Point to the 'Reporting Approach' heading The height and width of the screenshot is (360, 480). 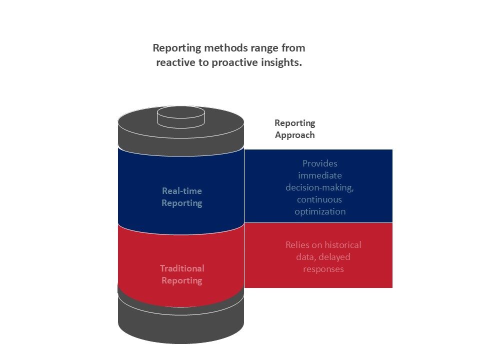click(x=295, y=128)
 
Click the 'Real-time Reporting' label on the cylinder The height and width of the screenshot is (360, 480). click(x=181, y=197)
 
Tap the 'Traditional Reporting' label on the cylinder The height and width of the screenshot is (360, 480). click(x=181, y=274)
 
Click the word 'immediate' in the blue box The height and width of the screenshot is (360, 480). click(x=320, y=175)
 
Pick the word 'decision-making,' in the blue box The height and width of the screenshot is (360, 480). click(x=320, y=187)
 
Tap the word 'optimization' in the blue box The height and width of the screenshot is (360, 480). click(x=320, y=211)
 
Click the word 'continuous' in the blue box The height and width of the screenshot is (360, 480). click(x=320, y=199)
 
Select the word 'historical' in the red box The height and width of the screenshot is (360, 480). click(x=342, y=245)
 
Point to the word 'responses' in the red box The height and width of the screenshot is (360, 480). click(x=323, y=269)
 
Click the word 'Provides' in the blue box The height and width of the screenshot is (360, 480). click(x=320, y=163)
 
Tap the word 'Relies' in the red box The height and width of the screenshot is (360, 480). click(x=297, y=245)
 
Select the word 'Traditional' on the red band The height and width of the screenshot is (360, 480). click(x=182, y=268)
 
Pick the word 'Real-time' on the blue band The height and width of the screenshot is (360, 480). click(x=182, y=191)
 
